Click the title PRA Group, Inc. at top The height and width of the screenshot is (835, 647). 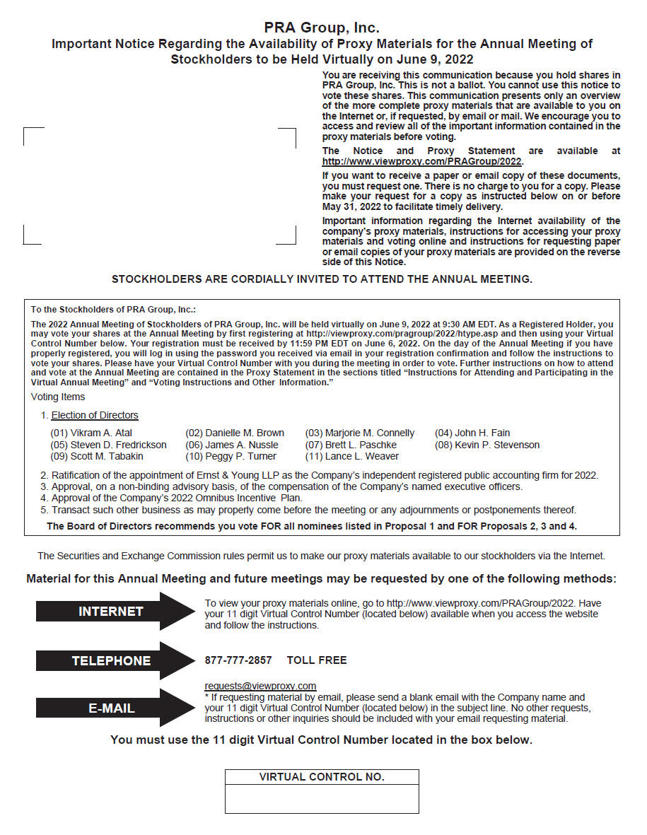tap(322, 28)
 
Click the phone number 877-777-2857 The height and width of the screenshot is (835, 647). tap(238, 660)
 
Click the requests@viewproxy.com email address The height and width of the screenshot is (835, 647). tap(260, 686)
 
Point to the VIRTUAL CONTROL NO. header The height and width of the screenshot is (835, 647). tap(322, 777)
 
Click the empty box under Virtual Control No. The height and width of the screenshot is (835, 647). tap(322, 799)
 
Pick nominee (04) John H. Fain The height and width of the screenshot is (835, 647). tap(472, 433)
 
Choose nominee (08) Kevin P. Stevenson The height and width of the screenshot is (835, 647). tap(487, 445)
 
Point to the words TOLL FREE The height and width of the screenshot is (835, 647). tap(317, 660)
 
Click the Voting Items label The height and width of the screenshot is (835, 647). tap(58, 397)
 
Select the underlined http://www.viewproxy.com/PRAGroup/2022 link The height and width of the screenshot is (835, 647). tap(421, 161)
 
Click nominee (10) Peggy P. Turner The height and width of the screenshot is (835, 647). tap(231, 457)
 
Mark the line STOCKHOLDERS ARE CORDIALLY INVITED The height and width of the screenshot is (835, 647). tap(322, 279)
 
